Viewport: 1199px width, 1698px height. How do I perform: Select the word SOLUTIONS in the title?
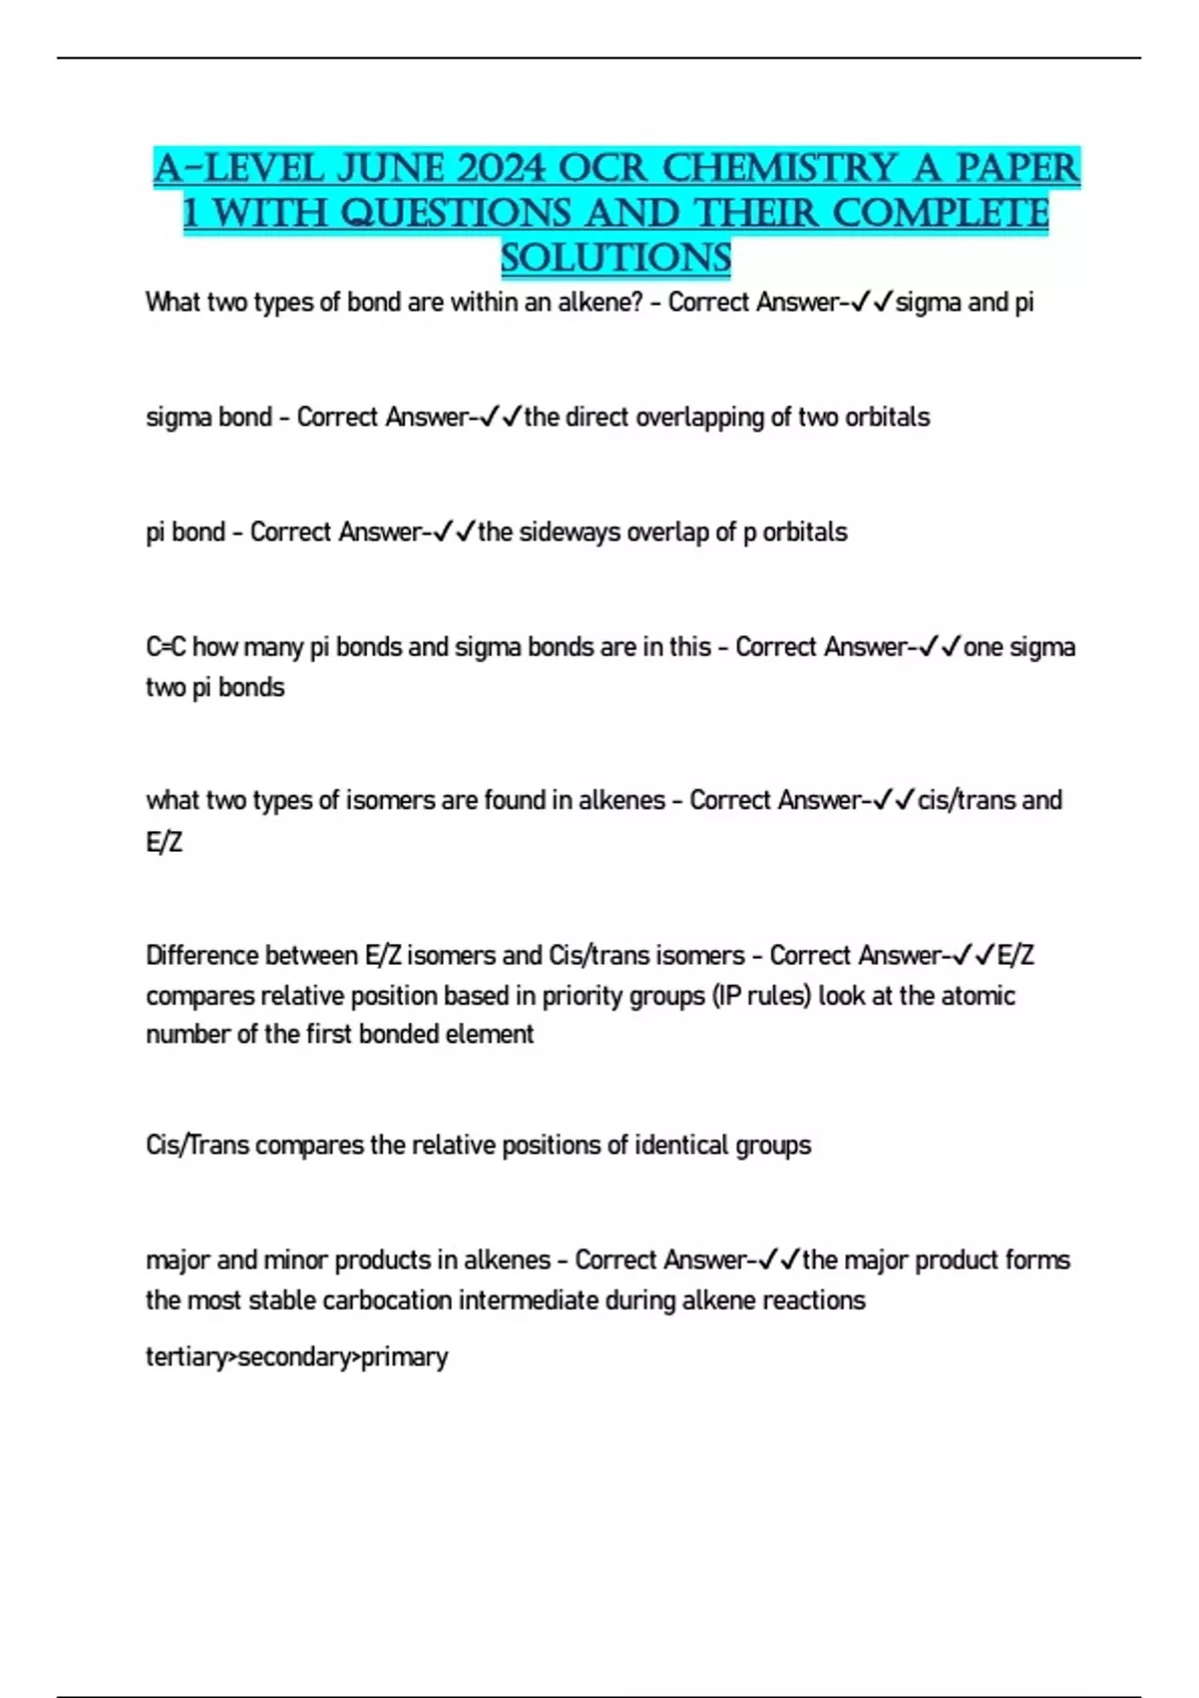(x=615, y=258)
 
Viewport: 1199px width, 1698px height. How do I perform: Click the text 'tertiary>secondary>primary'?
(x=297, y=1356)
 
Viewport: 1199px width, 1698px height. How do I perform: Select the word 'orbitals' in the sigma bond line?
(x=887, y=417)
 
